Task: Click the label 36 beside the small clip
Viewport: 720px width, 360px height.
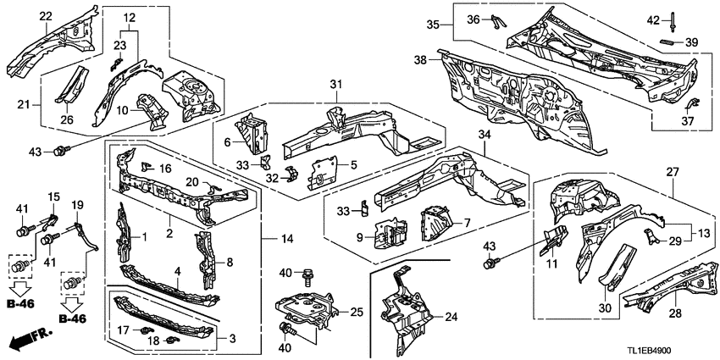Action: pyautogui.click(x=497, y=19)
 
